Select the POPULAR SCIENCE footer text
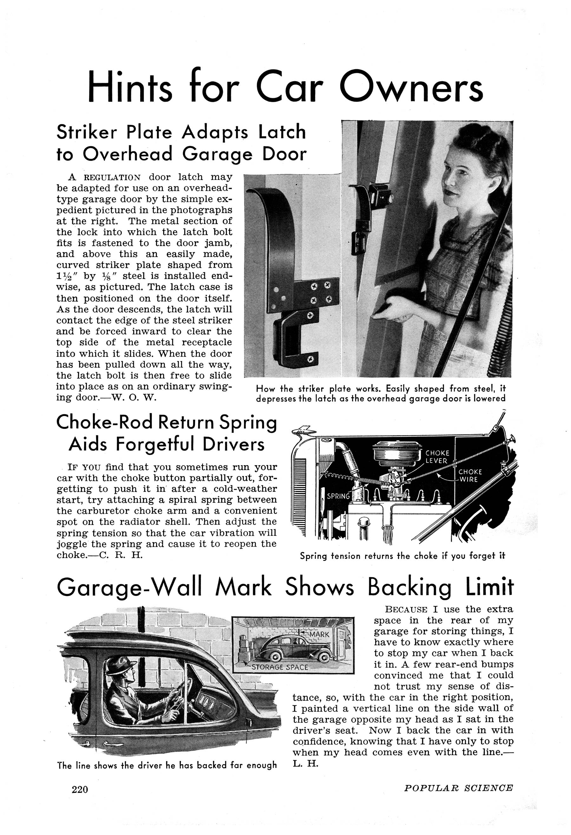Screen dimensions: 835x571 (x=458, y=788)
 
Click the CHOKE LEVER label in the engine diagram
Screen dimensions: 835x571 (x=437, y=457)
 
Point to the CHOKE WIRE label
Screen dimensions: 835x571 (x=470, y=475)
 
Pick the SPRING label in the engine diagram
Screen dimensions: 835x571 (x=338, y=496)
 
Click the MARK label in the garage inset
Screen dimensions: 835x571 (x=319, y=634)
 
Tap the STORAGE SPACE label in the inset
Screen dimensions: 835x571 (x=280, y=667)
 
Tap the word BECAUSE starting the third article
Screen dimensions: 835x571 (x=406, y=610)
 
